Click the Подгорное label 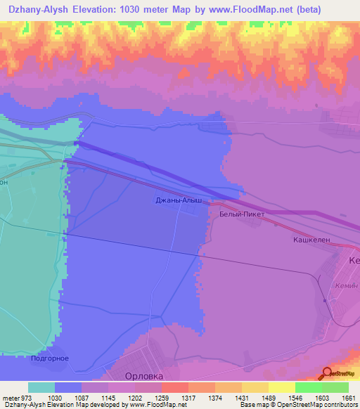50,358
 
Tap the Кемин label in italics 347,286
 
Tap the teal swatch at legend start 41,387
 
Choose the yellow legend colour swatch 282,387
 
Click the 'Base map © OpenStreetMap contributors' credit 298,405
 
